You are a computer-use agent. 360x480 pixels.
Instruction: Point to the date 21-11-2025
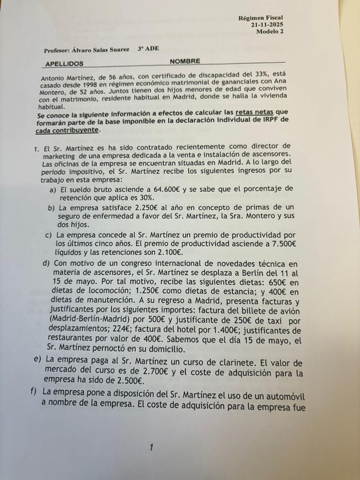tap(268, 25)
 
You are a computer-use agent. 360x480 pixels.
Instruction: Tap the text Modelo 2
tap(271, 32)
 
